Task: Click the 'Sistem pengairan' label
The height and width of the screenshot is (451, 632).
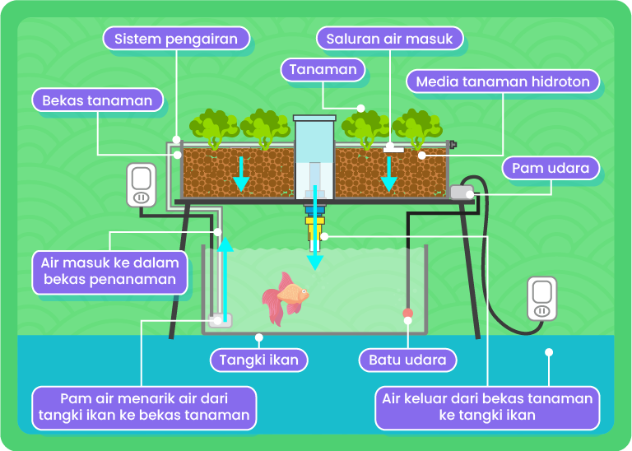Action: (x=176, y=38)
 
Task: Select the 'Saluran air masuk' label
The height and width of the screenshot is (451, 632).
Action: (x=389, y=38)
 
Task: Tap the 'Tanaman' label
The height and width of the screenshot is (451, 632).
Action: (x=323, y=69)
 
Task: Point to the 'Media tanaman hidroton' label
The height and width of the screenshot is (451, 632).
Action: (x=503, y=81)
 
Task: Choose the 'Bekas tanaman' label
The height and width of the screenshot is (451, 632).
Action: (x=97, y=100)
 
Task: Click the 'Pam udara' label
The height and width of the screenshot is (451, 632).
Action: (x=551, y=168)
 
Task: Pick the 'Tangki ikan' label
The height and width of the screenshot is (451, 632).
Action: (x=259, y=360)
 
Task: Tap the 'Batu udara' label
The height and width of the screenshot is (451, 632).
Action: (x=407, y=360)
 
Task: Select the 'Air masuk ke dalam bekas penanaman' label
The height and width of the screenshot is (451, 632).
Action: (x=109, y=272)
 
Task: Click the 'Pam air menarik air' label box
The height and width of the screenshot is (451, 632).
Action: (x=144, y=407)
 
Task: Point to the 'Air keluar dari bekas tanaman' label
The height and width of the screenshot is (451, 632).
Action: (x=487, y=407)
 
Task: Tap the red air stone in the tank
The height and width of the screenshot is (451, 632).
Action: (x=407, y=314)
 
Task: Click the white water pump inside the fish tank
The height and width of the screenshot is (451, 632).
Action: (x=220, y=320)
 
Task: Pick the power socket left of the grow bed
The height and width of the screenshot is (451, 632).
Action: (x=141, y=185)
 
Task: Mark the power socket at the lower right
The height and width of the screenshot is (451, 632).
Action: (x=541, y=298)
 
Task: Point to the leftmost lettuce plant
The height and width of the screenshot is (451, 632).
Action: (x=212, y=128)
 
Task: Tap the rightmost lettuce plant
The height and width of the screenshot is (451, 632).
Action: (x=416, y=128)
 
